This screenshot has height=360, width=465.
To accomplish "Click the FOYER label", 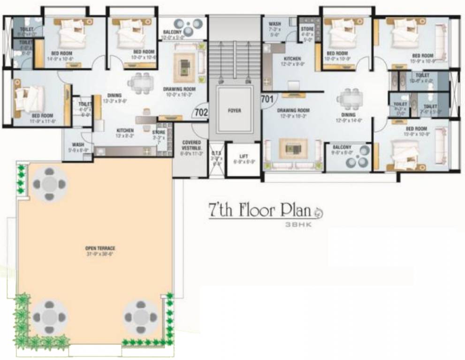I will tap(234, 111).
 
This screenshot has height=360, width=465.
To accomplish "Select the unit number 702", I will tap(200, 112).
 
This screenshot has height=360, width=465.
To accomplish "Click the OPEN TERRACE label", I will tap(100, 248).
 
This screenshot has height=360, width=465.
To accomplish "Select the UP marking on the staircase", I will tap(221, 82).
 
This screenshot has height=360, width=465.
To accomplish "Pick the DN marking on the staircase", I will tap(248, 82).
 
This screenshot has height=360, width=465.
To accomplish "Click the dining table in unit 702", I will tap(141, 82).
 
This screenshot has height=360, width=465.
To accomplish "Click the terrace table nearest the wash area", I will tap(49, 184).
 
